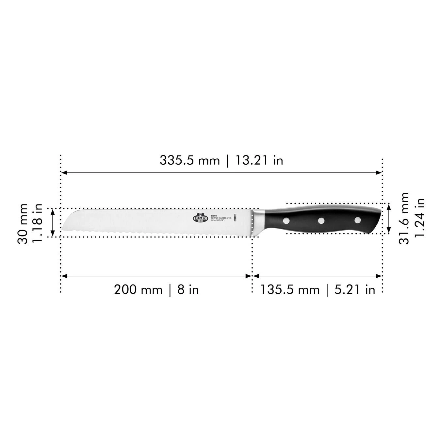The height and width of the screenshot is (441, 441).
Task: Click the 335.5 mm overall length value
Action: (x=189, y=160)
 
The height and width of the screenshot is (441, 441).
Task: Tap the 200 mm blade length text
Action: (x=138, y=290)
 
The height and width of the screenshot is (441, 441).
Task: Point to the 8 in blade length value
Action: (x=188, y=290)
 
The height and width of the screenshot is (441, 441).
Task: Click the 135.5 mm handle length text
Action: (x=289, y=290)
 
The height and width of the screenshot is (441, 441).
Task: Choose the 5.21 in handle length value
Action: (x=355, y=290)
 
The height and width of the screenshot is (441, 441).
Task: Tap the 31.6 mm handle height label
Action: (x=404, y=218)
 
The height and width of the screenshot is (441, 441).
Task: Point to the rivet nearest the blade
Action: (x=286, y=220)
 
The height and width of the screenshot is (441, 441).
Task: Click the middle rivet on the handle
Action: (x=321, y=220)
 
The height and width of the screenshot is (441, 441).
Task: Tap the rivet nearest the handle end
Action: (x=357, y=220)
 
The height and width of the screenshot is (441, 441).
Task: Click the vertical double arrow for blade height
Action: (x=53, y=222)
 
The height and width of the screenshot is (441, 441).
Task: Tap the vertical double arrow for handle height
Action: (x=388, y=218)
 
